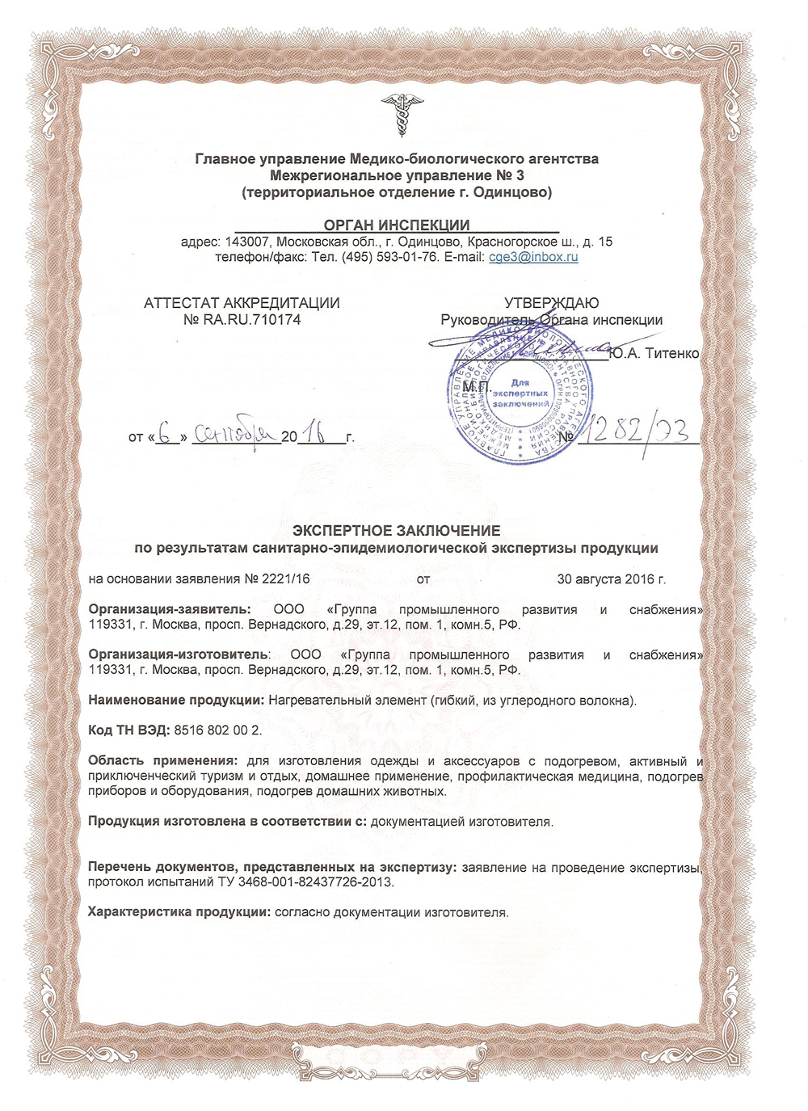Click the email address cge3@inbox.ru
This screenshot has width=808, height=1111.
pos(533,258)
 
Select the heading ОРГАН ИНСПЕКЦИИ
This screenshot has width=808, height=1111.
pos(397,225)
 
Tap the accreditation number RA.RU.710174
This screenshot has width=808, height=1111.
pos(252,320)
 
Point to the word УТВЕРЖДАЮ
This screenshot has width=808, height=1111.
pos(552,303)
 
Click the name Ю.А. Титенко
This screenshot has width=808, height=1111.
pos(654,353)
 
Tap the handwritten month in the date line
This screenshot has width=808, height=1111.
pos(234,436)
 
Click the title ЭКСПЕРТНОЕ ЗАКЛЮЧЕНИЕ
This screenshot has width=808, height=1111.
pos(396,531)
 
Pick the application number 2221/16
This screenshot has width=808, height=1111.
pos(286,579)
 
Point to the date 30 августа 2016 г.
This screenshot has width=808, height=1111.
pos(612,579)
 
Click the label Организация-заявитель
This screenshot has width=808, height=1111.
pos(170,610)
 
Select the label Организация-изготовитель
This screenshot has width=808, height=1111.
pos(177,654)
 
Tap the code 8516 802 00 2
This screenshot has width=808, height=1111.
pos(218,730)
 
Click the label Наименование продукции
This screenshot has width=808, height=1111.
pos(175,701)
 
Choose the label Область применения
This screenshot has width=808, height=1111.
pos(162,761)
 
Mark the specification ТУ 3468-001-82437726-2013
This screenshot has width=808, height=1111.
pos(306,882)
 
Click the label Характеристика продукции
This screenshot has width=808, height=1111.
pos(179,913)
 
